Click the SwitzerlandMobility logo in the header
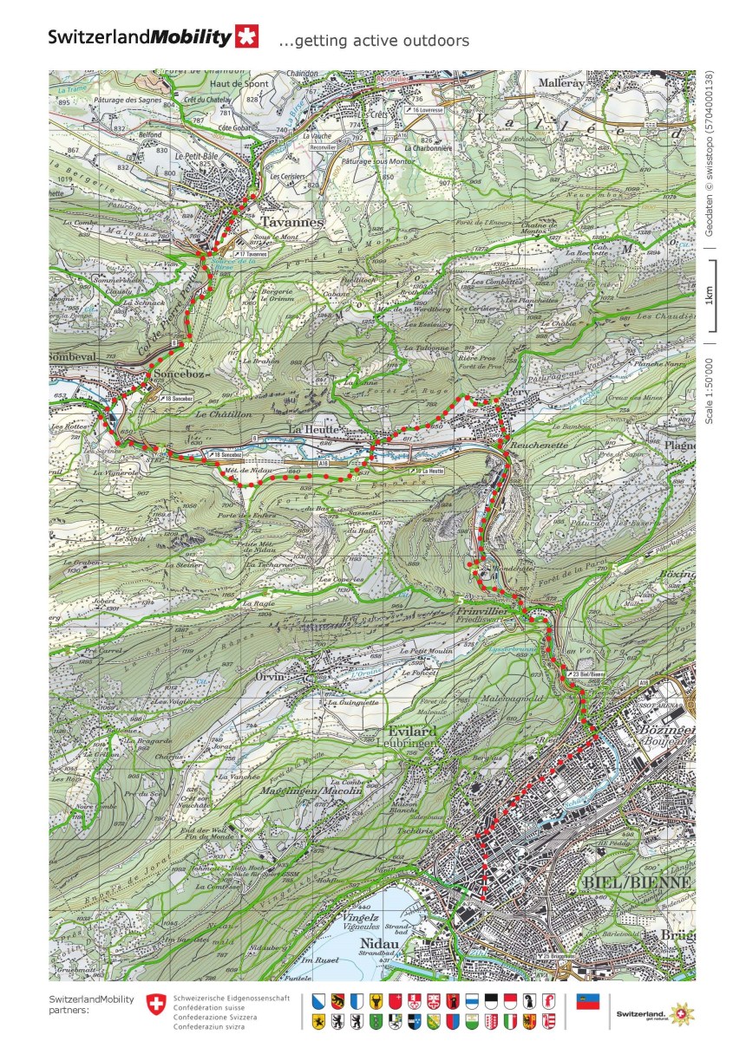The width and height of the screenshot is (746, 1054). pos(153,37)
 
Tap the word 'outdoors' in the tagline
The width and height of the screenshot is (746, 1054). pos(435,41)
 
